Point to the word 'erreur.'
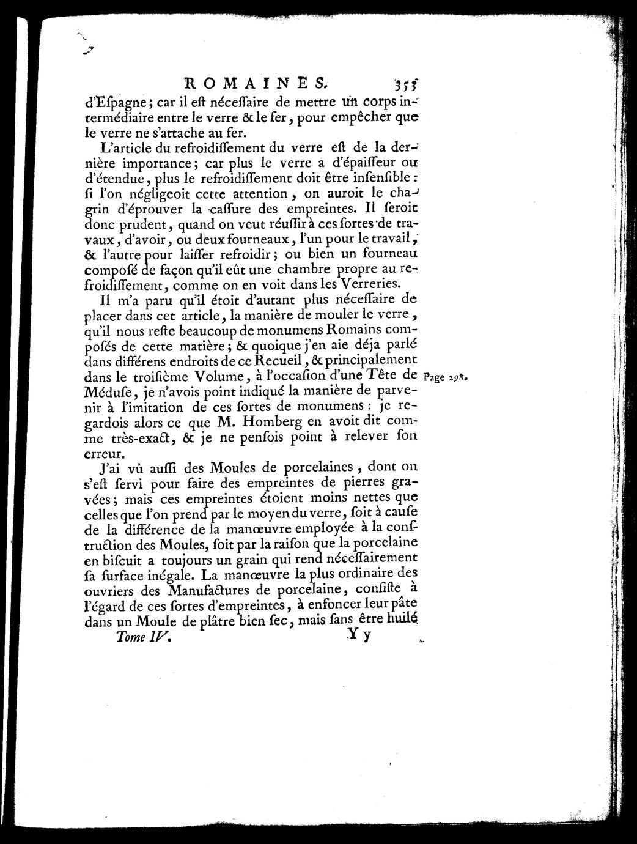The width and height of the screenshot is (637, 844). [105, 454]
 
